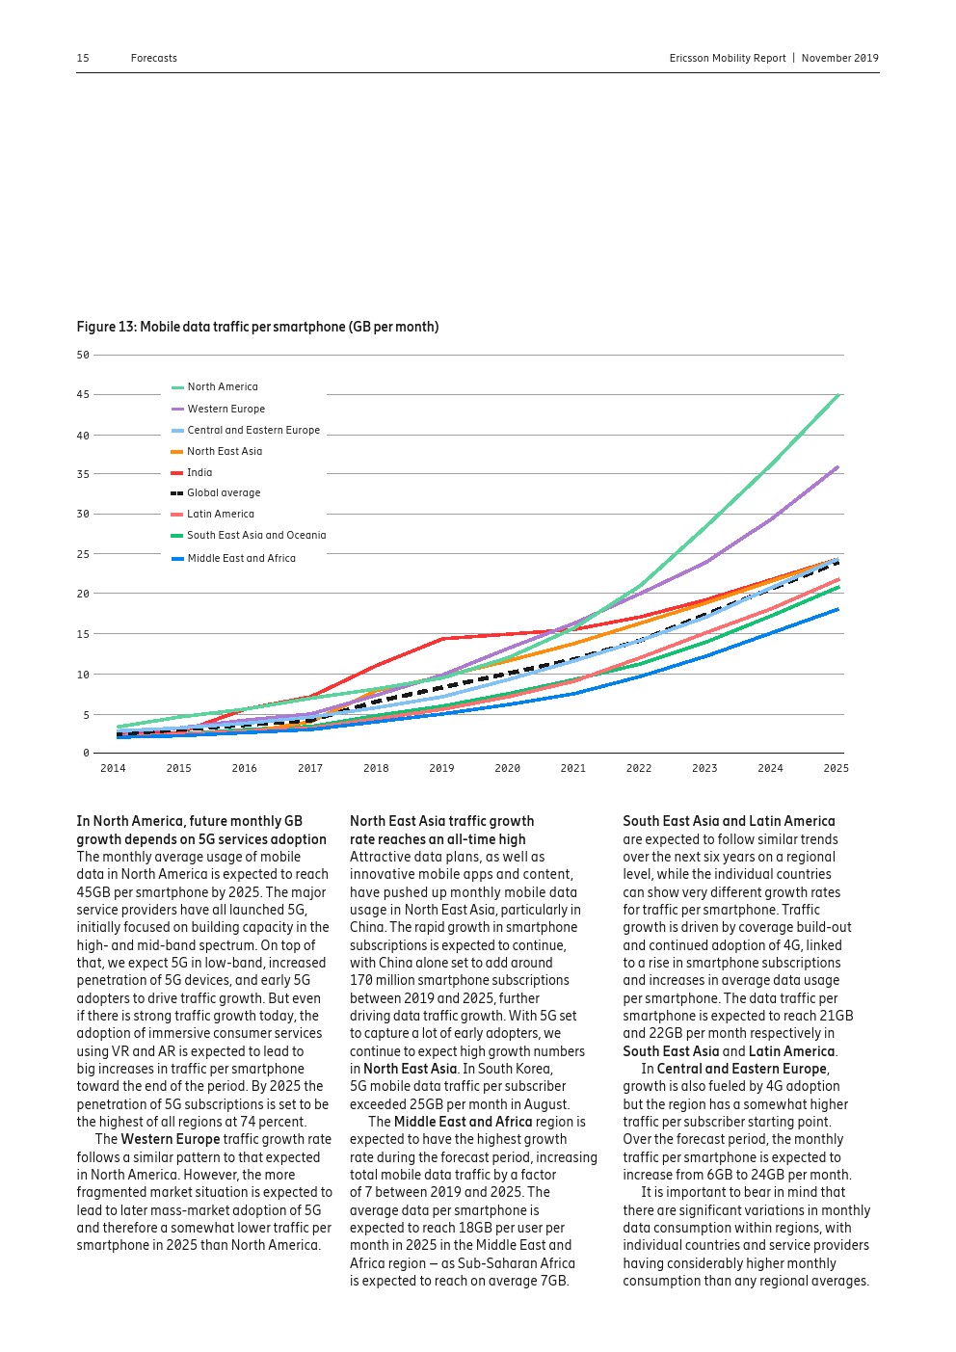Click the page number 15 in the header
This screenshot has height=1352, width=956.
click(x=83, y=58)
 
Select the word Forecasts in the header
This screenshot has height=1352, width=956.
click(x=154, y=58)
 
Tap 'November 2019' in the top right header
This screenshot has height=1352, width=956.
click(x=839, y=58)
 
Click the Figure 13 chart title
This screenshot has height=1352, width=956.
click(x=257, y=327)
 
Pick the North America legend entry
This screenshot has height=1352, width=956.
click(x=222, y=386)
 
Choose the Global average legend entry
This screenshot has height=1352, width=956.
click(x=223, y=492)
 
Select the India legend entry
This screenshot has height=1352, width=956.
click(x=199, y=472)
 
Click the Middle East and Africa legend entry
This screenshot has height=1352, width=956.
click(x=241, y=558)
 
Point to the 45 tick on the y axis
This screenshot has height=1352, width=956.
click(x=83, y=394)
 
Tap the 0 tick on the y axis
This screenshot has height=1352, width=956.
click(x=86, y=753)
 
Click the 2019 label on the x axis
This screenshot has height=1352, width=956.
click(x=441, y=768)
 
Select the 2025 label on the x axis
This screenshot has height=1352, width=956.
click(x=836, y=768)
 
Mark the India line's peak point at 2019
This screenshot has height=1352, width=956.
click(x=441, y=638)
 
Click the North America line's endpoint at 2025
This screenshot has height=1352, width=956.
click(x=838, y=394)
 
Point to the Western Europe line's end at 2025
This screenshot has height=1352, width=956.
click(x=837, y=467)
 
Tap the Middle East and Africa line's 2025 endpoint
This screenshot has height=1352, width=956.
click(x=837, y=609)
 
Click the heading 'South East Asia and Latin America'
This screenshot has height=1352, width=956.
click(x=729, y=821)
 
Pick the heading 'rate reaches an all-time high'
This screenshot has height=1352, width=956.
click(x=438, y=839)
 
